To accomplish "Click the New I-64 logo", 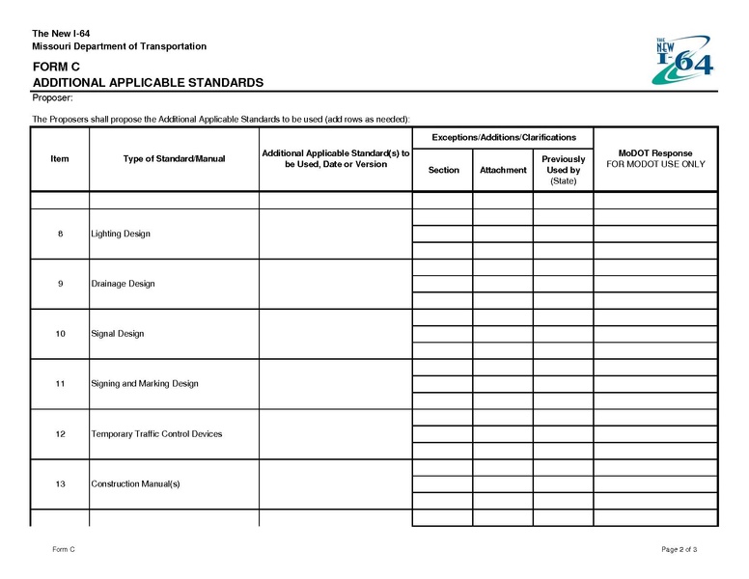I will point(684,58).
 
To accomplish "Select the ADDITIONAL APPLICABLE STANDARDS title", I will point(147,83).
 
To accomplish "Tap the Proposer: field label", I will point(52,98).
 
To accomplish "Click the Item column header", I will point(60,158).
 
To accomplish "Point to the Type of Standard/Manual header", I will point(174,158).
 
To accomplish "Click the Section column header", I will point(443,170).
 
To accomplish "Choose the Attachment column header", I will point(503,170).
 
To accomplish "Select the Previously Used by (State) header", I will point(563,170).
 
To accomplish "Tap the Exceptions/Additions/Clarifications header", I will point(503,137).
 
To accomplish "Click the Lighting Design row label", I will point(121,234).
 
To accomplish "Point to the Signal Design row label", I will point(117,334).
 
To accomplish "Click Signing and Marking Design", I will point(145,383).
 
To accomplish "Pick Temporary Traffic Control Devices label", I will point(156,433).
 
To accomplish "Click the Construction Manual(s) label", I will point(135,483).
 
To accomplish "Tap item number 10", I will point(60,334).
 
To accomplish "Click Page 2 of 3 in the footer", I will point(679,549).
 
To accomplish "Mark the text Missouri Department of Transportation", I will point(119,46).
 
